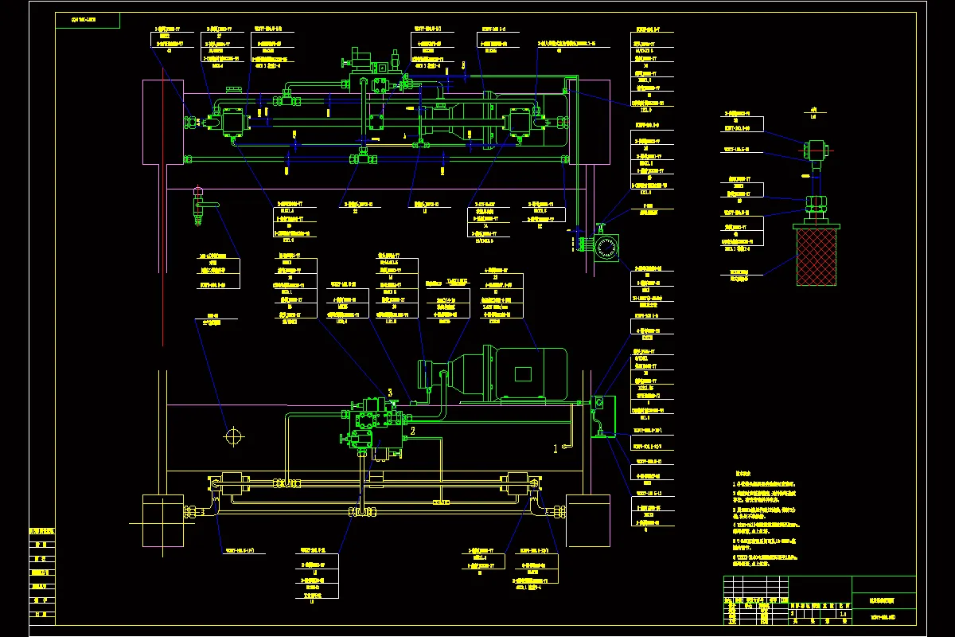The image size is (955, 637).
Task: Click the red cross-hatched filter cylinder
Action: tap(817, 255)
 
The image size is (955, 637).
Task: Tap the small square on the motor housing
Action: tap(524, 373)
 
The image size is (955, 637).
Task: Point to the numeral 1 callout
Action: tap(556, 448)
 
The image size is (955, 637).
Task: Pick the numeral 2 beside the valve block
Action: tap(412, 431)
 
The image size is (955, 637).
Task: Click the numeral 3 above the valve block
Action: tap(390, 393)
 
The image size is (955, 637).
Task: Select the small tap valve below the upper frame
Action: tap(198, 205)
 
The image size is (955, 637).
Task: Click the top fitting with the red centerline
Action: tap(815, 149)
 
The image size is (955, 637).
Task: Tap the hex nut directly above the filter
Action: tap(816, 205)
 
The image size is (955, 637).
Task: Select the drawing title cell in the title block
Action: tap(883, 601)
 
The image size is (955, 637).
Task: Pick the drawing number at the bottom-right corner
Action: tap(883, 617)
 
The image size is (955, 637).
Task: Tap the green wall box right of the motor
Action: tap(605, 416)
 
